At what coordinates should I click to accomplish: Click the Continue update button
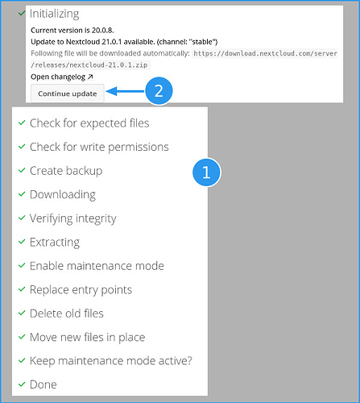tap(68, 93)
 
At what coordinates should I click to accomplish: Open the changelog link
tap(62, 77)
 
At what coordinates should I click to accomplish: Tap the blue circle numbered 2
tap(159, 91)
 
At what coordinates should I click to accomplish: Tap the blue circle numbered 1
tap(206, 172)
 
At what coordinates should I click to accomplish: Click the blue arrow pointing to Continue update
tap(126, 91)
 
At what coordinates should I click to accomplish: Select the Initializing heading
tap(54, 14)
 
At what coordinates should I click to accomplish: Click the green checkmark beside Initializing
tap(22, 13)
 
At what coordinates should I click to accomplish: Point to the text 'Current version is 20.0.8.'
tap(72, 30)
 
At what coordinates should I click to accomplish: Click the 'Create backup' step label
tap(66, 171)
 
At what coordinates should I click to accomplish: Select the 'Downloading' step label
tap(63, 194)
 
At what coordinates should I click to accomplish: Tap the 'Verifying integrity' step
tap(72, 218)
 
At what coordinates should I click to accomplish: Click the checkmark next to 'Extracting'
tap(22, 242)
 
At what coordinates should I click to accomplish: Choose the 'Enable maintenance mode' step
tap(97, 266)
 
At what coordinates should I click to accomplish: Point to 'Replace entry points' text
tap(81, 290)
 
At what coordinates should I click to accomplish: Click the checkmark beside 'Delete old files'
tap(22, 313)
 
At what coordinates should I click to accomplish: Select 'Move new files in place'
tap(87, 337)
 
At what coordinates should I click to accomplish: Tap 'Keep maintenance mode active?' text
tap(111, 361)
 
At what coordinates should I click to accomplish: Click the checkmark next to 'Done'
tap(22, 384)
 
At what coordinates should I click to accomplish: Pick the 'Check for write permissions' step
tap(99, 147)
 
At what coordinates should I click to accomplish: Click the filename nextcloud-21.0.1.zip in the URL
tap(109, 65)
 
